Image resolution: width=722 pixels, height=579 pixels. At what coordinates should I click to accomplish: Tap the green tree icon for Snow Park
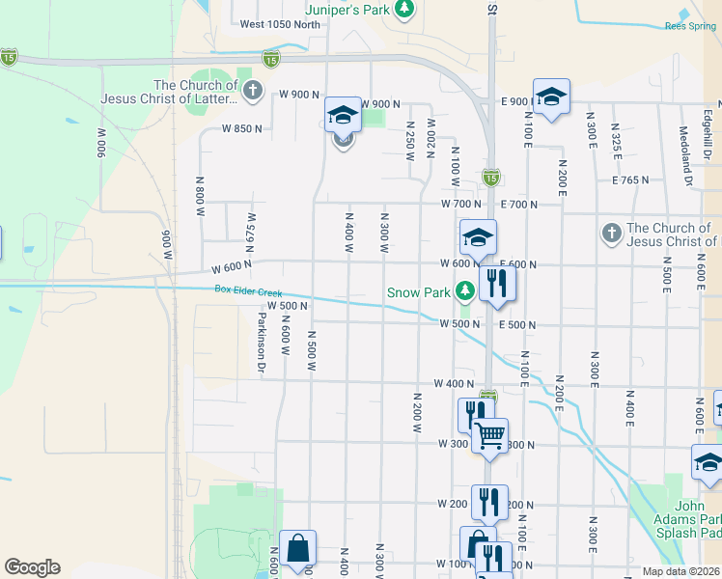[x=465, y=290]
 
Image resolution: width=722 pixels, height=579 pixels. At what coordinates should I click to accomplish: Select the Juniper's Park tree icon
[x=406, y=11]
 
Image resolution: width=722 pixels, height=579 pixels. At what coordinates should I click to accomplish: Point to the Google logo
[x=32, y=567]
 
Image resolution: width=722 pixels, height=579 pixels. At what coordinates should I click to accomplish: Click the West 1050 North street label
[x=280, y=25]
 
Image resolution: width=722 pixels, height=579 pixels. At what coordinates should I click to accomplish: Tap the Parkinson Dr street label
[x=261, y=342]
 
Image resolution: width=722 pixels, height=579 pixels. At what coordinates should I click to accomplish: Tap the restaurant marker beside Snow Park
[x=497, y=283]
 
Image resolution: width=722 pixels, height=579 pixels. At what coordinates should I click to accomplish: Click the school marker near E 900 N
[x=551, y=96]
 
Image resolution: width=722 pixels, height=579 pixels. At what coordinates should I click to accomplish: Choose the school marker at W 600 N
[x=478, y=237]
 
